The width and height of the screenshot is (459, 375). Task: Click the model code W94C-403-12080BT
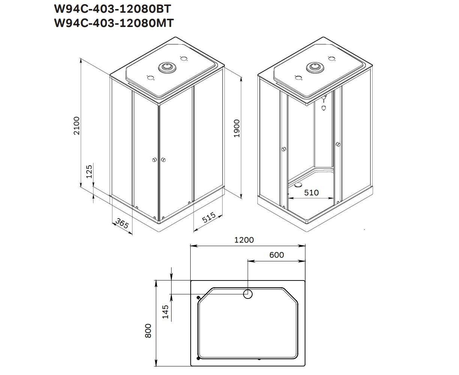[x=112, y=9]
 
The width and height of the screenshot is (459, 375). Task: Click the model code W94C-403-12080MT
[x=114, y=23]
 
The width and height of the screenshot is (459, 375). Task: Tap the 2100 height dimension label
[x=77, y=126]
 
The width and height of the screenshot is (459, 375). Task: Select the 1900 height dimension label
[x=236, y=128]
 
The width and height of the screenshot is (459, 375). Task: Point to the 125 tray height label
[x=89, y=172]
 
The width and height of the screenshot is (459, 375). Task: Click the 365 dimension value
[x=122, y=223]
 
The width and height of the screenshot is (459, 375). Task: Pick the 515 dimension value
[x=209, y=217]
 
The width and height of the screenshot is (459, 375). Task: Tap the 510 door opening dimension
[x=311, y=192]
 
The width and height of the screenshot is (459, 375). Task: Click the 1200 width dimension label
[x=244, y=240]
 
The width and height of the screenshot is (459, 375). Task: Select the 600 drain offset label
[x=276, y=255]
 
